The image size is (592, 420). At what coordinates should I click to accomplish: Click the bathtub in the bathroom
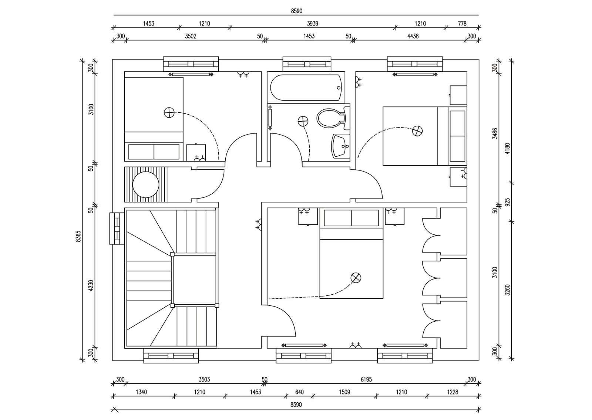coord(306,87)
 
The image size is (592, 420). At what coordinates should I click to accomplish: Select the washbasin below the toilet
coord(340,146)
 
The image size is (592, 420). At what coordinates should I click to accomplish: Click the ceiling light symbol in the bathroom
coord(303,122)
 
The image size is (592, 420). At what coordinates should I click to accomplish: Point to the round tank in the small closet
coord(146,184)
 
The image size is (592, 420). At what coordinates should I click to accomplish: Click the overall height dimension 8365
coord(78,236)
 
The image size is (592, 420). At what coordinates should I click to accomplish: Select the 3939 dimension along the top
coord(312,24)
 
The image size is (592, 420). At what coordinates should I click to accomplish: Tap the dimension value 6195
coord(366,380)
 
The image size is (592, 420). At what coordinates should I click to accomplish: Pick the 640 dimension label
coord(299,392)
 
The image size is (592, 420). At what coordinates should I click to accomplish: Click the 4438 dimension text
coord(413,36)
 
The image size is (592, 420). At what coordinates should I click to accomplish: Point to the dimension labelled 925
coord(507,202)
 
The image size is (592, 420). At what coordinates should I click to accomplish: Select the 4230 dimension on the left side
coord(91,285)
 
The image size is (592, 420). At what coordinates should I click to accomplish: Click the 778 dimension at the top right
coord(462,24)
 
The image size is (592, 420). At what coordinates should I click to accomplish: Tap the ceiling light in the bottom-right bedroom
coord(356,278)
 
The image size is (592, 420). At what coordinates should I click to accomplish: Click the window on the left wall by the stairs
coord(117,228)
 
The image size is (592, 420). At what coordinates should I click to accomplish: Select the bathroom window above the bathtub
coord(307,64)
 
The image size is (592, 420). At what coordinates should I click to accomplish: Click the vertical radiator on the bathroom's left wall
coord(270,118)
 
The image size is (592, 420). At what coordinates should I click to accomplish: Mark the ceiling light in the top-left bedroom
coord(169,113)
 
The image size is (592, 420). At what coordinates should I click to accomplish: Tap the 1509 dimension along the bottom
coord(344,392)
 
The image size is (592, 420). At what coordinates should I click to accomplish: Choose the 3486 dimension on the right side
coord(495,133)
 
